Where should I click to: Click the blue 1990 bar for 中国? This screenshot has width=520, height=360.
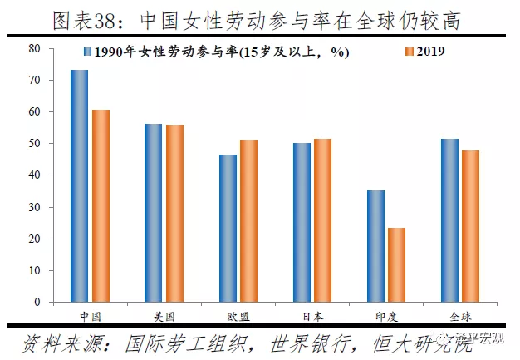[80, 185]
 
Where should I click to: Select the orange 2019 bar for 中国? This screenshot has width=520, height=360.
[101, 205]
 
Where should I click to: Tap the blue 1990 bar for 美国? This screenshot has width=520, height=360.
[154, 213]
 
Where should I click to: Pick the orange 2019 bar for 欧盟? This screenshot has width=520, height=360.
[248, 220]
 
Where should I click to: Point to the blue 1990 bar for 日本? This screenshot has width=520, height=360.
[302, 222]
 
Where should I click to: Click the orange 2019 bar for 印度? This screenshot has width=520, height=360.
[396, 264]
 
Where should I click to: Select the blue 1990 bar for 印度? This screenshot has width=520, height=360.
[375, 246]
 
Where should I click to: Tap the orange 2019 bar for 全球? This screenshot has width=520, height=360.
[470, 226]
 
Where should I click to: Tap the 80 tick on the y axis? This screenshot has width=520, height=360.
[34, 48]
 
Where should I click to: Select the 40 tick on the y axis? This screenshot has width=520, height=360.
[34, 175]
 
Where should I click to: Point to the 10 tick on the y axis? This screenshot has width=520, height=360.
[34, 271]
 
